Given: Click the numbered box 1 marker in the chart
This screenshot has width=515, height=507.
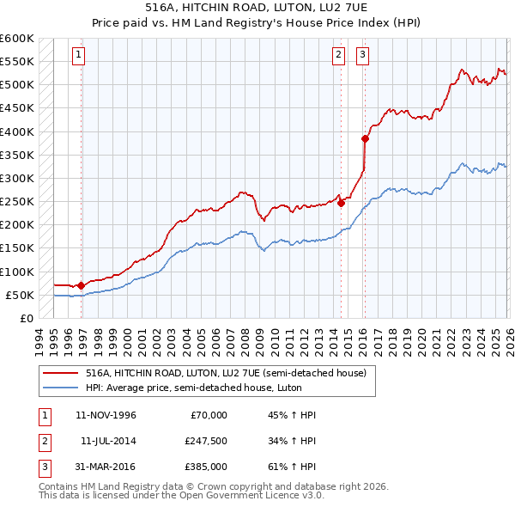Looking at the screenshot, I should click(78, 55).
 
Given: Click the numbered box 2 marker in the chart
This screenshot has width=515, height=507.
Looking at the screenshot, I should click(338, 55).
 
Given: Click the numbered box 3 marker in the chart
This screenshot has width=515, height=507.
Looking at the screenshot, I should click(363, 55).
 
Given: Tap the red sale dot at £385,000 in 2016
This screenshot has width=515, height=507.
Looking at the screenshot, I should click(365, 138).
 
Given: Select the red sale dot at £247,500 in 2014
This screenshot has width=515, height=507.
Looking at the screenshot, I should click(341, 203).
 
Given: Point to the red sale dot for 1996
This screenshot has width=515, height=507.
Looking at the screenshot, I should click(81, 285).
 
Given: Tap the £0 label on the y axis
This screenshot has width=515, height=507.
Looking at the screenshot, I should click(27, 319).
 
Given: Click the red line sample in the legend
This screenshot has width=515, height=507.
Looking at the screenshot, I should click(60, 373).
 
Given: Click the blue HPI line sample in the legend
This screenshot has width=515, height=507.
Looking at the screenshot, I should click(60, 388).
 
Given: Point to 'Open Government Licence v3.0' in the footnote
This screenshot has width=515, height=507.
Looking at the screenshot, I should click(257, 495).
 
